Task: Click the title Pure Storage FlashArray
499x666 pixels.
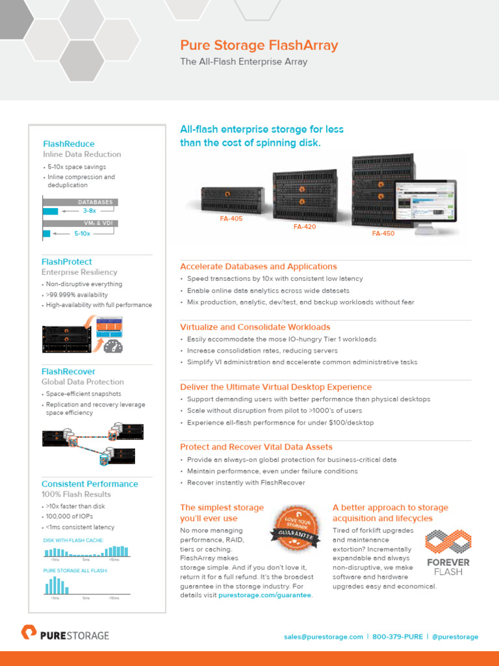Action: pos(259,46)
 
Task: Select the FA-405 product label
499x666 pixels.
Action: pos(231,219)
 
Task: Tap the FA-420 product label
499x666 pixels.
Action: pos(305,227)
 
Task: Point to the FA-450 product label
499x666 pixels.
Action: pos(383,233)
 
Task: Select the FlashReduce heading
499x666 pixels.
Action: pos(68,144)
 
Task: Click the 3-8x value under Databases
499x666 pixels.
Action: pos(90,211)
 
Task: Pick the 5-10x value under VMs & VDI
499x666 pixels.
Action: pos(82,233)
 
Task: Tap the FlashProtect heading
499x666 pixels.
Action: pos(67,261)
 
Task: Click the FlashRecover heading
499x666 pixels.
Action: pos(68,371)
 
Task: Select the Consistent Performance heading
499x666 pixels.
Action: pos(90,484)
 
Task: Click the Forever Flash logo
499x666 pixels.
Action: pos(448,552)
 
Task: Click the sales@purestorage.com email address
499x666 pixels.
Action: pos(323,637)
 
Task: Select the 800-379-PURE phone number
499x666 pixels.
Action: pos(398,637)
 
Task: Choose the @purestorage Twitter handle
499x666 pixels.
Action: pos(455,637)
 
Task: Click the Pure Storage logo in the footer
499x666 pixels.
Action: pos(65,634)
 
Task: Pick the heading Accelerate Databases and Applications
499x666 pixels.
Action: pos(258,267)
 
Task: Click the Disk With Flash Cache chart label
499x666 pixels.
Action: pos(73,540)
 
